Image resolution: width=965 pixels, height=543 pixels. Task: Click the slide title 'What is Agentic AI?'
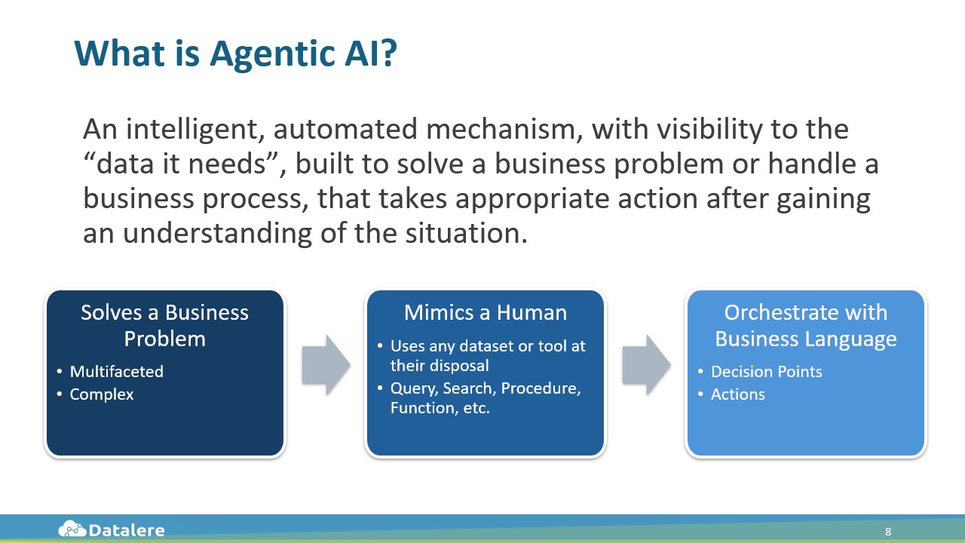pyautogui.click(x=234, y=54)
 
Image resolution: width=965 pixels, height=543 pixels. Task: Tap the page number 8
pyautogui.click(x=888, y=532)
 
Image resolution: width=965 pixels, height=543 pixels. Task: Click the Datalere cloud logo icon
pyautogui.click(x=72, y=529)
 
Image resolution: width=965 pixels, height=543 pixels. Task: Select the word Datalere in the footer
pyautogui.click(x=127, y=530)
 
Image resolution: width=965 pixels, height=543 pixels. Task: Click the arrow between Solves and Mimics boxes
pyautogui.click(x=326, y=366)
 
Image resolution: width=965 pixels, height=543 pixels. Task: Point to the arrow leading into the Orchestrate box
pyautogui.click(x=645, y=366)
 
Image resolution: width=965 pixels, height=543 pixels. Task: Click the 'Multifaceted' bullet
pyautogui.click(x=116, y=371)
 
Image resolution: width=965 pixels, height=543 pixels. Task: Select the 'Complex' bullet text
pyautogui.click(x=101, y=394)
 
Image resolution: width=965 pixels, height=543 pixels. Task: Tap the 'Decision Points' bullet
pyautogui.click(x=766, y=371)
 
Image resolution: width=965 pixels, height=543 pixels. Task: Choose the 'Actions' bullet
pyautogui.click(x=737, y=394)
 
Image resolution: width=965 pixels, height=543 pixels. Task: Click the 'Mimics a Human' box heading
pyautogui.click(x=486, y=312)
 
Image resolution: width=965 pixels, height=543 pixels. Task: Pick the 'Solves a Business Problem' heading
pyautogui.click(x=164, y=325)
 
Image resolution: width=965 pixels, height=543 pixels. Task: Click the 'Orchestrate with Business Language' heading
pyautogui.click(x=805, y=325)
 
